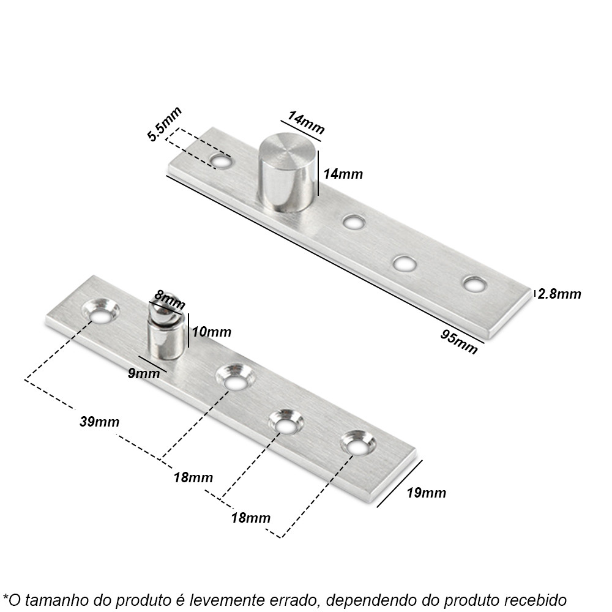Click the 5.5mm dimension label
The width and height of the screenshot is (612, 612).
164,124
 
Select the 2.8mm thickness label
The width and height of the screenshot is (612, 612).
559,294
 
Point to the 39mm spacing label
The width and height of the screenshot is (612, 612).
99,422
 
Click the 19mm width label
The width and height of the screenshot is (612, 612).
426,493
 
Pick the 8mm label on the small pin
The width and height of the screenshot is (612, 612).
170,300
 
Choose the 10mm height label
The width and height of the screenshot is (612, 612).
212,332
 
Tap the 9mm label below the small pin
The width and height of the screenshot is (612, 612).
144,373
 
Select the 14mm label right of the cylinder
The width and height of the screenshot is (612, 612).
343,174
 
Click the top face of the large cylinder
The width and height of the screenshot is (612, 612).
287,151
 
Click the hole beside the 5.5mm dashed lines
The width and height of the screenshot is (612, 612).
220,160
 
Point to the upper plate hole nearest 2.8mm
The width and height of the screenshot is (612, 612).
474,284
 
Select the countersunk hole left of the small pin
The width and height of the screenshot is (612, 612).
101,312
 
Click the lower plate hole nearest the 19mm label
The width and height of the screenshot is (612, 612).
358,443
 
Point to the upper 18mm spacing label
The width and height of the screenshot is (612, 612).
193,477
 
